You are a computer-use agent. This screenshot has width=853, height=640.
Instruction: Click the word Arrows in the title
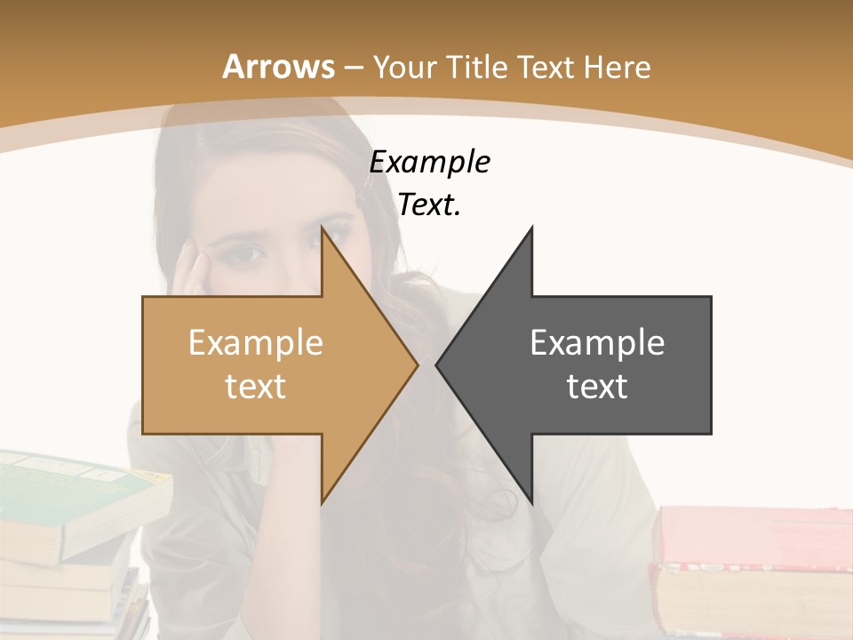point(277,67)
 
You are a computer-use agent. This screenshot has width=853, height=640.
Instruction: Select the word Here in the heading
point(618,67)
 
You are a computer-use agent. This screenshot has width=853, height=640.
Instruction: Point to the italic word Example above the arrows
point(429,162)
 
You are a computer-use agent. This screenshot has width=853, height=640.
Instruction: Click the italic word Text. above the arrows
point(429,205)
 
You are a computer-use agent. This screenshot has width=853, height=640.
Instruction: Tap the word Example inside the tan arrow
point(255,342)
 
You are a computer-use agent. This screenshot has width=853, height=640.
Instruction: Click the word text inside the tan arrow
point(255,386)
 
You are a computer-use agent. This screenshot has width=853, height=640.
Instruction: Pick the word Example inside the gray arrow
point(597,342)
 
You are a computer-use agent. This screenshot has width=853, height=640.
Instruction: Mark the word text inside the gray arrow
point(597,386)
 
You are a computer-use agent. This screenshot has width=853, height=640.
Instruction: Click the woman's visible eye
point(249,256)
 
